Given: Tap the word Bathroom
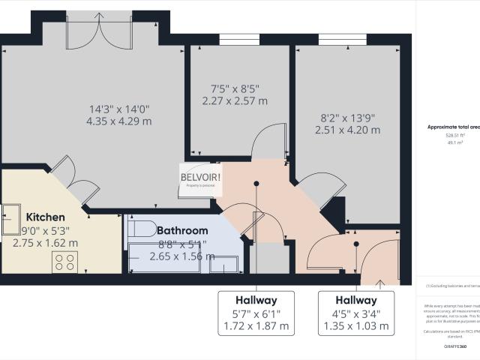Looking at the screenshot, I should tap(182, 230).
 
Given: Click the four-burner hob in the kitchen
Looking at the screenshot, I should tap(64, 262).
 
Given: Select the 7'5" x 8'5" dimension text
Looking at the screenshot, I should tap(235, 88).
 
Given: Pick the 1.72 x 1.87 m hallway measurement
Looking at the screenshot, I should tap(257, 326).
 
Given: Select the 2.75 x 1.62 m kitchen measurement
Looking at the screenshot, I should tap(46, 243).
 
